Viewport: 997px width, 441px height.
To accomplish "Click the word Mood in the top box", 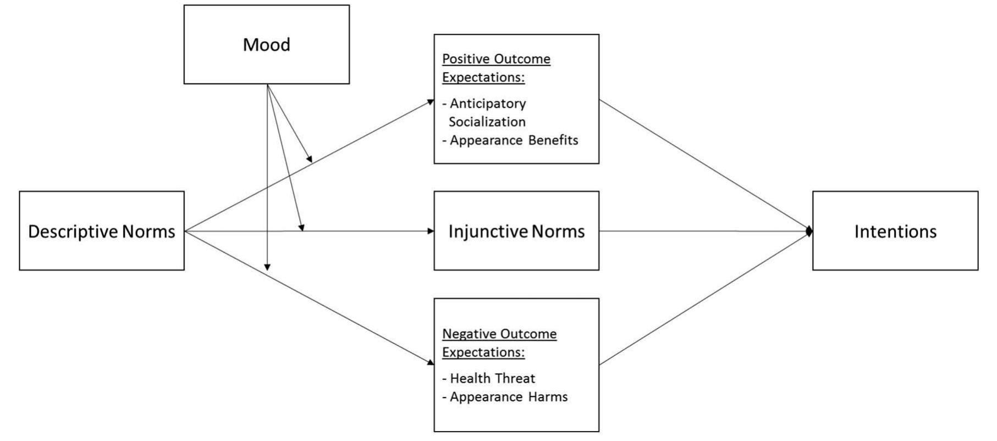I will [x=266, y=45].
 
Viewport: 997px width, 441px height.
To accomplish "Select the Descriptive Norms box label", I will [x=102, y=231].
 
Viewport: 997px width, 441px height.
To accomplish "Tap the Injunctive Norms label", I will [x=516, y=231].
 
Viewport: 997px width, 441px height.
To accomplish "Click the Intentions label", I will [x=895, y=231].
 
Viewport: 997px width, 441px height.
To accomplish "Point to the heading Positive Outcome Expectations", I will [x=496, y=68].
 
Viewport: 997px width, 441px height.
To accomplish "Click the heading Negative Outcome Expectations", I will [x=499, y=343].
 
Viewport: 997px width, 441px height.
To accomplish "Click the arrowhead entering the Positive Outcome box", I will [x=431, y=102].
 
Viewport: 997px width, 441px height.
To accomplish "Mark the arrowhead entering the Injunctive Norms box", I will [x=431, y=231].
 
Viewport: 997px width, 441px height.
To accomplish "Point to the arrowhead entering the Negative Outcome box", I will [x=431, y=362].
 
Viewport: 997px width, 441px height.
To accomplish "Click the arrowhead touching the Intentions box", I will [x=809, y=231].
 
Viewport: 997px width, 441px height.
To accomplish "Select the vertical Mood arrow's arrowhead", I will [x=267, y=267].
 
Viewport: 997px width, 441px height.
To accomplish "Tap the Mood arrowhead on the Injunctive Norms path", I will [x=301, y=227].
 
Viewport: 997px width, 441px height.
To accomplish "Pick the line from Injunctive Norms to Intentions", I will [x=704, y=231].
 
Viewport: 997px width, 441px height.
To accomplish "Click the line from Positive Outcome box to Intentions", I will [x=704, y=165].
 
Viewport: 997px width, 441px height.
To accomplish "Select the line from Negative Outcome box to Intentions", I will [x=704, y=298].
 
